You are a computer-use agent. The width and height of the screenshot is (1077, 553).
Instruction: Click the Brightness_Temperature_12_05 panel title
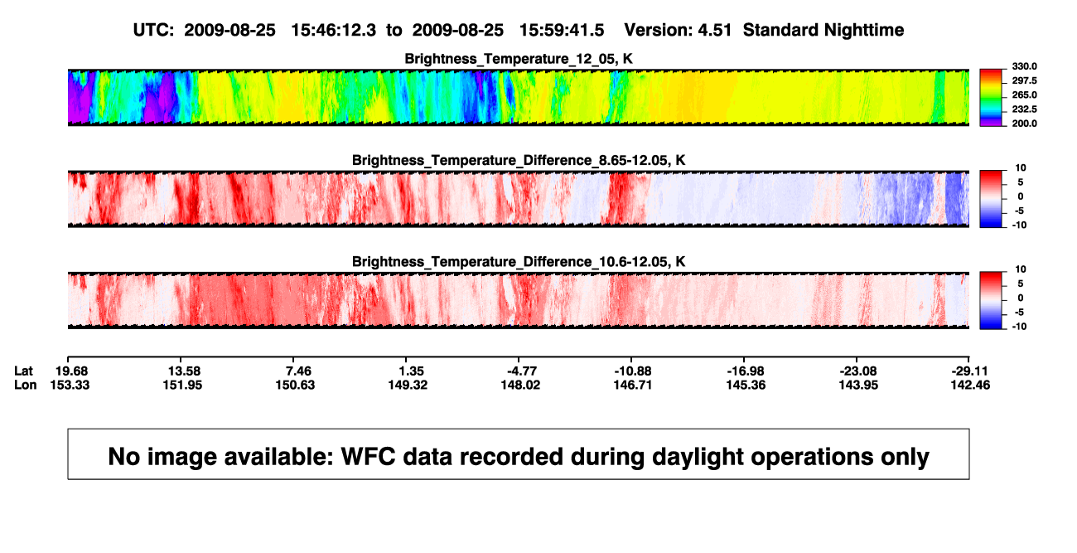coord(519,59)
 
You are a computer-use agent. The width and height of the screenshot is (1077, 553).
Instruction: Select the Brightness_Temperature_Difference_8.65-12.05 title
coord(519,160)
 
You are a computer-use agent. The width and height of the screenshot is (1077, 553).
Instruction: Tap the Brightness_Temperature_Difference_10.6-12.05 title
coord(519,262)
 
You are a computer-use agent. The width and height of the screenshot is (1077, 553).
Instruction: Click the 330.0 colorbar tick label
coord(1024,66)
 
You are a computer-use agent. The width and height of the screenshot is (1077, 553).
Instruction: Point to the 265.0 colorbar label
coord(1024,95)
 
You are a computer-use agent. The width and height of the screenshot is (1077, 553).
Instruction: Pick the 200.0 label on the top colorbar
coord(1024,124)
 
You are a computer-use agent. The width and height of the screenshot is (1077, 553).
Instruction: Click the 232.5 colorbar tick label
coord(1024,109)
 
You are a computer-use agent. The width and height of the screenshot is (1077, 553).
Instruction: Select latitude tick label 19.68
coord(71,371)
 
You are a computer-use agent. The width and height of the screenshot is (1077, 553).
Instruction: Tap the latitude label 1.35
coord(412,371)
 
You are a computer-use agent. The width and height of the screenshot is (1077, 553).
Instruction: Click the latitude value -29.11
coord(969,371)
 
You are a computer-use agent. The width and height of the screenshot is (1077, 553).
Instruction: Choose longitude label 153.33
coord(70,385)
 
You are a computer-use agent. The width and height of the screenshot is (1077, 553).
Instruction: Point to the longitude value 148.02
coord(520,385)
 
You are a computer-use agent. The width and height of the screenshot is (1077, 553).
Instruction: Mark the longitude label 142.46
coord(970,385)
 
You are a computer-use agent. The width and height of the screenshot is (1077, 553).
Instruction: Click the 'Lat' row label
coord(23,371)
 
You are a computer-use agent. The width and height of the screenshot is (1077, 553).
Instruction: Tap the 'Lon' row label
coord(26,385)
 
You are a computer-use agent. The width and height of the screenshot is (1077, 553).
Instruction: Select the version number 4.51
coord(714,31)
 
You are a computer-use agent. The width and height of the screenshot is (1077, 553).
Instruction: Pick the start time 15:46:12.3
coord(334,31)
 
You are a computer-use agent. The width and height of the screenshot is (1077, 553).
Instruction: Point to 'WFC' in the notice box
coord(368,457)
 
